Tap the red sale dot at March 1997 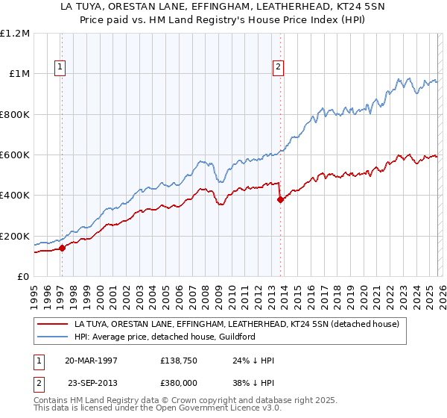tap(63, 249)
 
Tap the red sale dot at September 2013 tap(280, 199)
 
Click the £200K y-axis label tap(15, 236)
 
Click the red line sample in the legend tap(52, 324)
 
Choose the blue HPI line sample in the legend tap(52, 337)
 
